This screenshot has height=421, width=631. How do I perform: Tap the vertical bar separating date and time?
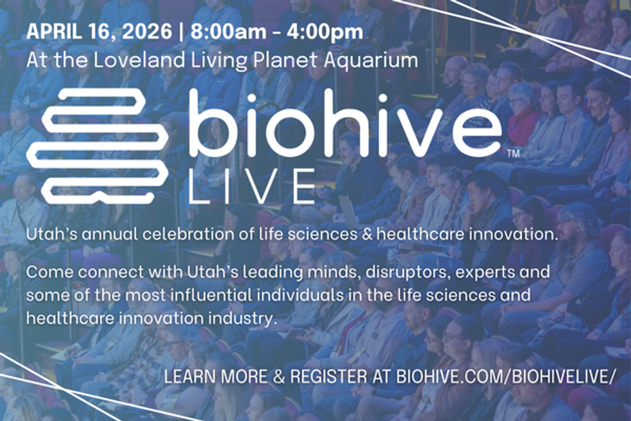point(181,32)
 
